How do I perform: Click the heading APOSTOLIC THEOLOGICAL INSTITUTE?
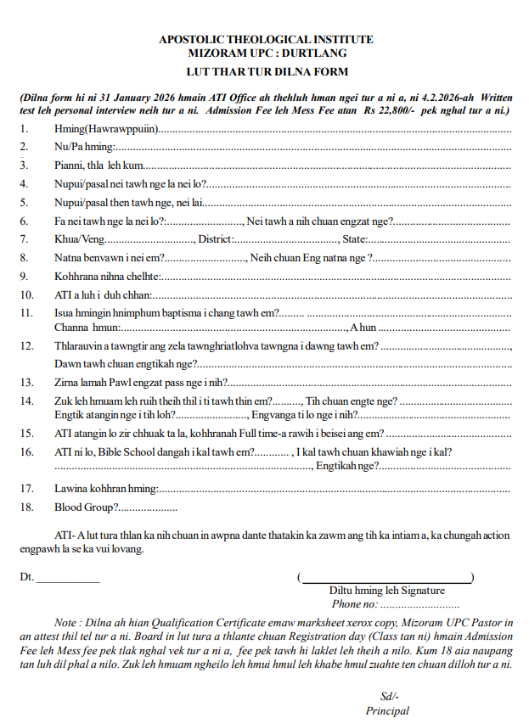[x=266, y=40]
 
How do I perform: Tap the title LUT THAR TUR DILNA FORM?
[x=266, y=72]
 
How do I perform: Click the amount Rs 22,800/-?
[x=391, y=110]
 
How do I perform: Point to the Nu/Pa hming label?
[x=84, y=147]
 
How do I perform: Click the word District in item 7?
[x=215, y=239]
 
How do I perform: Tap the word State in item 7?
[x=353, y=239]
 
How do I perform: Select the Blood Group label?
[x=83, y=507]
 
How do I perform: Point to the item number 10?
[x=26, y=294]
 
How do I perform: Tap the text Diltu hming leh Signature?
[x=386, y=591]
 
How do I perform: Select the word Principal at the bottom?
[x=387, y=711]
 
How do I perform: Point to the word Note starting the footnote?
[x=65, y=622]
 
